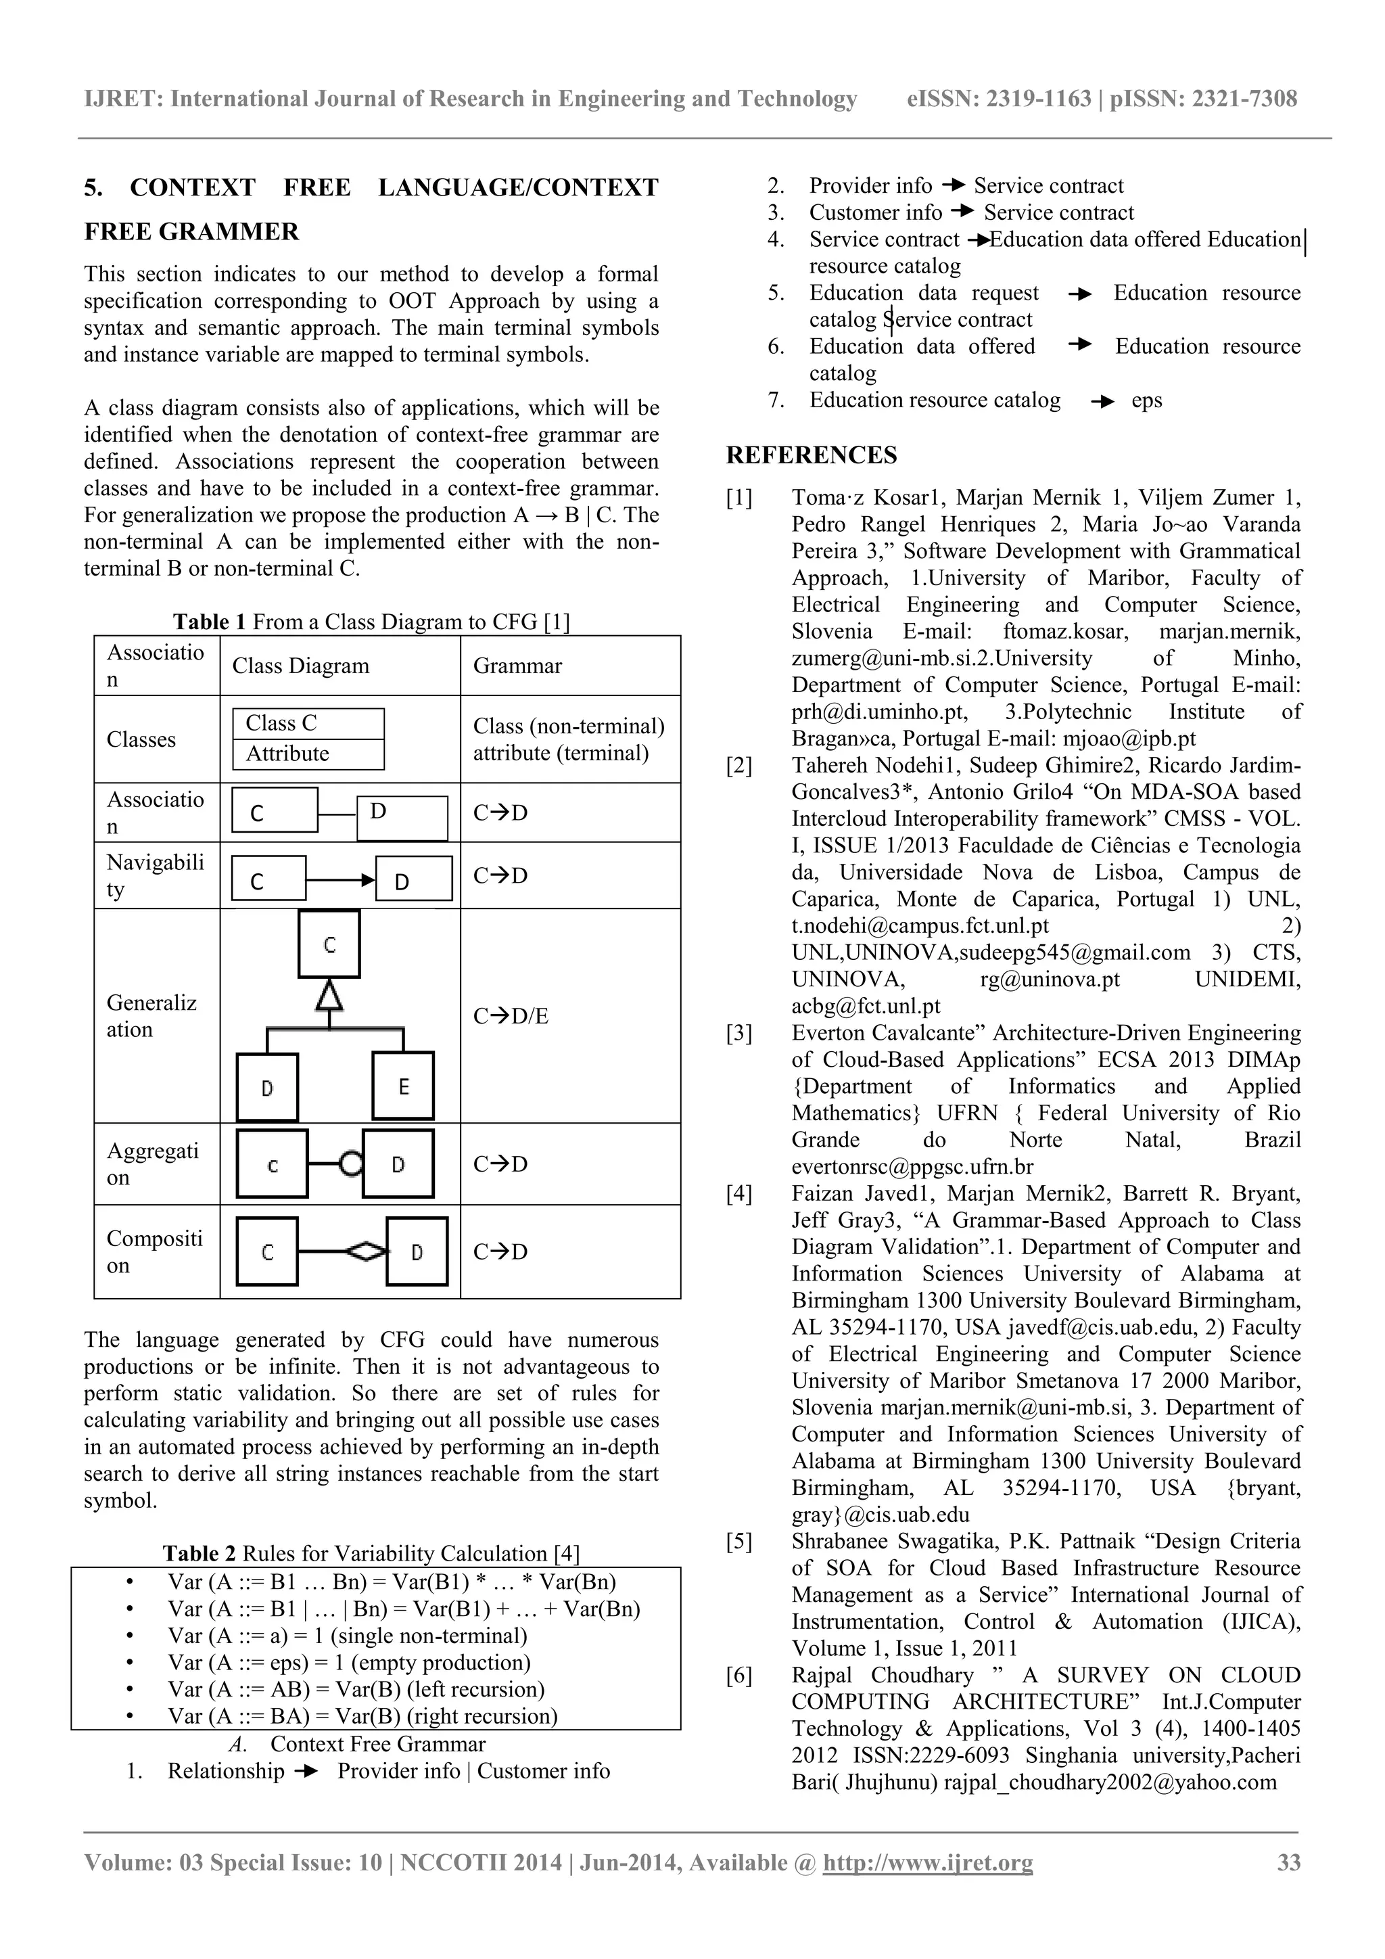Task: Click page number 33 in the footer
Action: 1288,1862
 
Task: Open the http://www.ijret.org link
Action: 927,1862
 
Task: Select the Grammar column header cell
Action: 517,666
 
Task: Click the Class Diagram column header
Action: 300,666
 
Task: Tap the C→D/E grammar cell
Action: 510,1015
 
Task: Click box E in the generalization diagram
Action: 403,1086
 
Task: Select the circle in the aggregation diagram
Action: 350,1163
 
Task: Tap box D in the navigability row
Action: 414,879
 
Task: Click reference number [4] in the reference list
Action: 738,1194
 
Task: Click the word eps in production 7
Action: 1146,400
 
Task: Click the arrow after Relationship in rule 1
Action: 304,1772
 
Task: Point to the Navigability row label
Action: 156,875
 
